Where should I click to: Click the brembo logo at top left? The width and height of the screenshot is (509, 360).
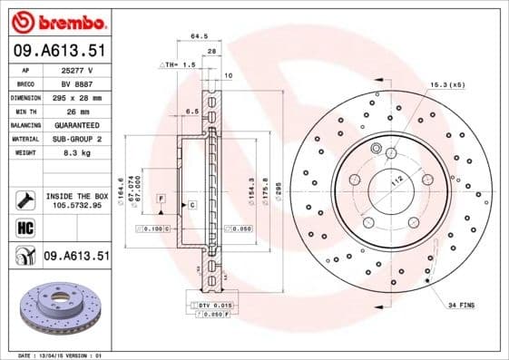pos(56,20)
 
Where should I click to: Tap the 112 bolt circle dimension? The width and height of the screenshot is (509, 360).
pos(395,181)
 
